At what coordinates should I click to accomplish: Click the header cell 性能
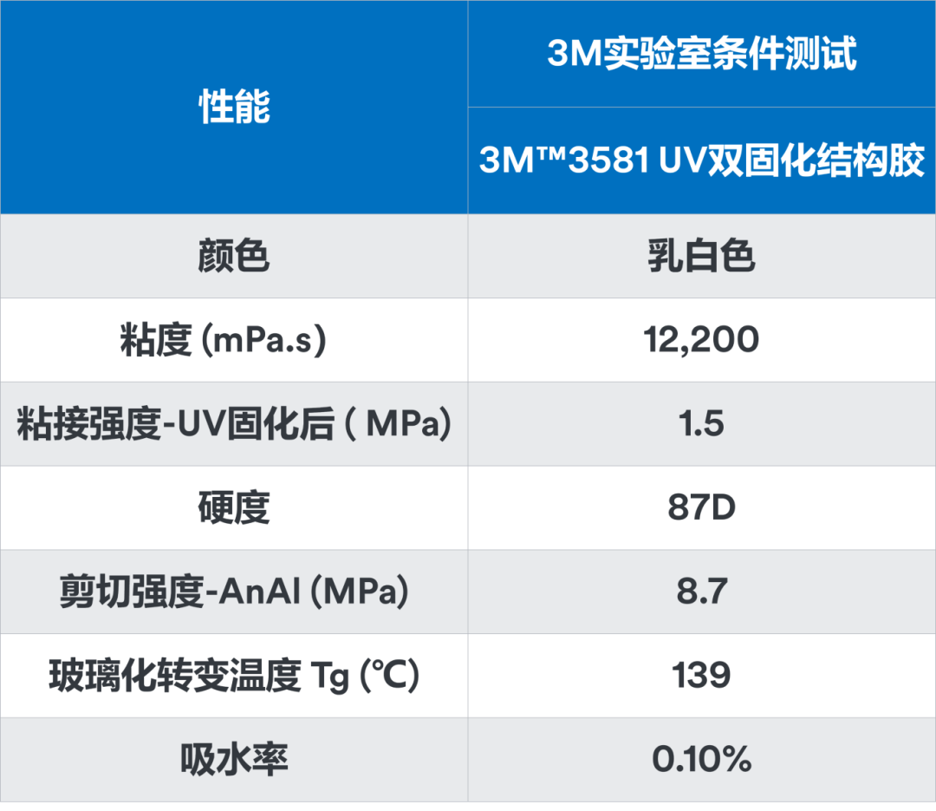pos(234,108)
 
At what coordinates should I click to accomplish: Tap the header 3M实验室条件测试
pos(702,55)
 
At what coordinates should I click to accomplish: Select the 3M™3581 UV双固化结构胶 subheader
pos(702,161)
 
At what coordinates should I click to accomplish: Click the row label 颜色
pos(234,257)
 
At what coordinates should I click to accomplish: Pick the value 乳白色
pos(702,257)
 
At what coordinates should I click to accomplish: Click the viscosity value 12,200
pos(702,341)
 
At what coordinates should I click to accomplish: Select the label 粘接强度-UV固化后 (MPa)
pos(234,425)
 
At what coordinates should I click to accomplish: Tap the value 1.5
pos(702,425)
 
